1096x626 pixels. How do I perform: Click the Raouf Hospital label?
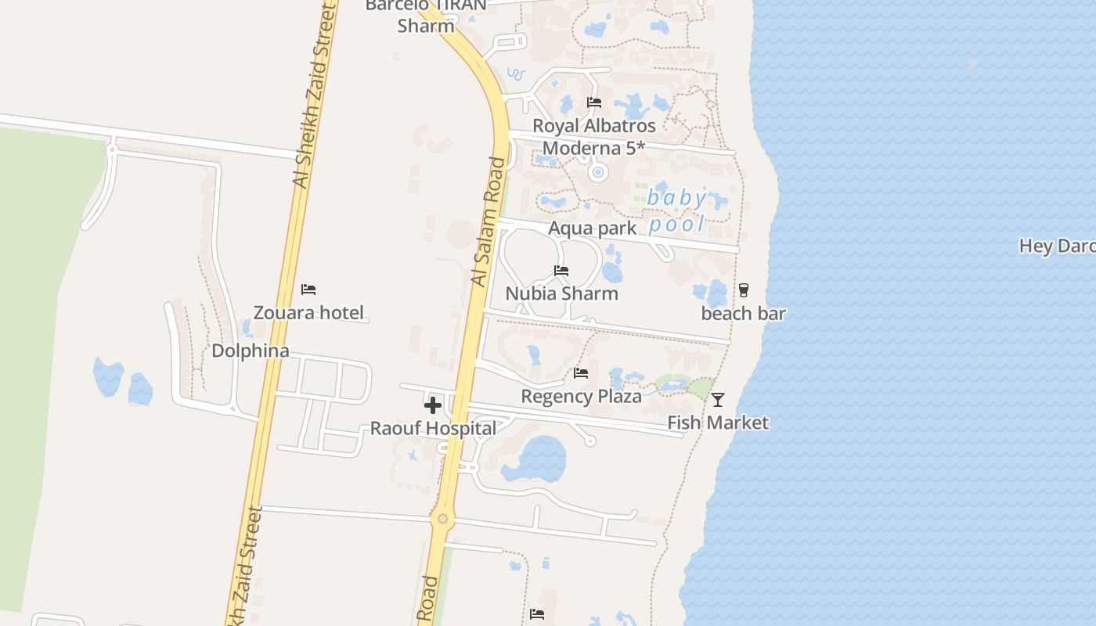click(x=433, y=429)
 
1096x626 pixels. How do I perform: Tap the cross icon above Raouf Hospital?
click(x=432, y=405)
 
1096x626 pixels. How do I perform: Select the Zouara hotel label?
click(x=308, y=313)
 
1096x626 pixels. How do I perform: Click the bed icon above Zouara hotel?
click(x=308, y=290)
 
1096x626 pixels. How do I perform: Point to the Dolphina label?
click(x=251, y=351)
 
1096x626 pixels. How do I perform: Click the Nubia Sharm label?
click(x=561, y=293)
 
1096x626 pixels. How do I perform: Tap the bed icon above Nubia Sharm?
click(x=561, y=271)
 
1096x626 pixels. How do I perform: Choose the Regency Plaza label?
click(x=581, y=396)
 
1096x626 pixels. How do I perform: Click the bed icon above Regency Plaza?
click(x=581, y=373)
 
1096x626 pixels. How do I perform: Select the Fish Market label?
click(x=718, y=423)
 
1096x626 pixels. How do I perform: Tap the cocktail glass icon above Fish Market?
click(x=718, y=400)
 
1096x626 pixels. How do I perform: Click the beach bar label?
click(x=743, y=314)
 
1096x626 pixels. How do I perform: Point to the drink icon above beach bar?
click(x=743, y=290)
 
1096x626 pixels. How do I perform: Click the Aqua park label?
click(x=593, y=228)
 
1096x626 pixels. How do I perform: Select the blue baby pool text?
click(x=677, y=210)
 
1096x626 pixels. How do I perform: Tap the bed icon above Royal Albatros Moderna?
click(x=594, y=103)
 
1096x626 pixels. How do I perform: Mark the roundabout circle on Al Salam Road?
click(x=443, y=518)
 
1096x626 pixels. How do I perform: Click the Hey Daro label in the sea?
click(x=1057, y=246)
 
